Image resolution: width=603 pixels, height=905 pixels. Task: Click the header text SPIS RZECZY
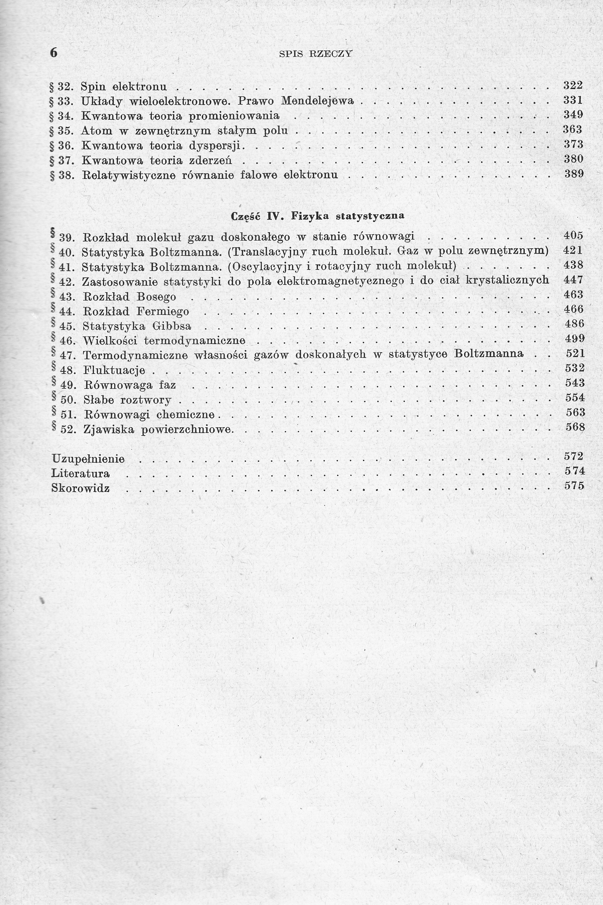(315, 54)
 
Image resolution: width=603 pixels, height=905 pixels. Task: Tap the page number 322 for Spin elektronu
(573, 85)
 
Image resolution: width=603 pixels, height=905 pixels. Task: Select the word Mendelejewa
(317, 101)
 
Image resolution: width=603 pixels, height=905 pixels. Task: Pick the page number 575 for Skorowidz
(574, 486)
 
